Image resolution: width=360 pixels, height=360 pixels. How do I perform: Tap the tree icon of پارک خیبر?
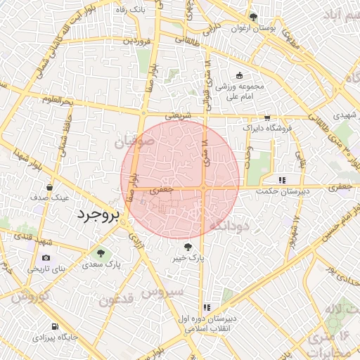(x=188, y=247)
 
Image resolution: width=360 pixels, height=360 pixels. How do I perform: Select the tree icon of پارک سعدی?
(x=99, y=252)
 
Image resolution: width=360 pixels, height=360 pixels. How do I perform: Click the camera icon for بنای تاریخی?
(x=46, y=257)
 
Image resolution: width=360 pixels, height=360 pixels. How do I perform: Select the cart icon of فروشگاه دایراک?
(x=266, y=117)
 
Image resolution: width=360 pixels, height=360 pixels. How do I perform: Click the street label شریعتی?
(x=179, y=113)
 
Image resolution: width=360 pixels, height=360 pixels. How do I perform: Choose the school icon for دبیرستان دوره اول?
(x=207, y=307)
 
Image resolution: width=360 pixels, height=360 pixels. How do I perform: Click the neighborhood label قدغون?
(x=115, y=301)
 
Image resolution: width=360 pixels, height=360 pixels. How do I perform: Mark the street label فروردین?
(x=137, y=41)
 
